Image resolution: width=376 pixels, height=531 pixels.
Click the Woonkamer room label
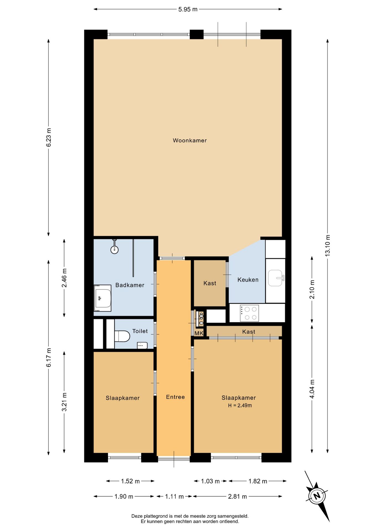pos(190,140)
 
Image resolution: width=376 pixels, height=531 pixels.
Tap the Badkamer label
pos(130,285)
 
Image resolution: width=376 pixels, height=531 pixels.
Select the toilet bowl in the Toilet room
pos(122,336)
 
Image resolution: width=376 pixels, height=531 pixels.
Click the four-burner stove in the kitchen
pos(249,313)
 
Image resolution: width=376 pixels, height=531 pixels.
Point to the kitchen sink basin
pos(275,278)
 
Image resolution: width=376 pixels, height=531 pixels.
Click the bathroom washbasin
pos(103,298)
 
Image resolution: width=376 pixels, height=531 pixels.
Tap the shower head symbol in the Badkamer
pos(114,249)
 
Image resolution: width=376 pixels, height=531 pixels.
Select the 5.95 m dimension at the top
pos(188,9)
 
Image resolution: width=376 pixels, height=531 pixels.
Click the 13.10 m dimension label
pos(328,246)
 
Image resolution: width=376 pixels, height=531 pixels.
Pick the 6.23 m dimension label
pos(49,137)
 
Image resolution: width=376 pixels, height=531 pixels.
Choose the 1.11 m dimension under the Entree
pos(174,496)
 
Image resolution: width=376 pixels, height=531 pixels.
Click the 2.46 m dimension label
pos(64,278)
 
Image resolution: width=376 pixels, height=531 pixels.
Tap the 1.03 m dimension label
pos(210,481)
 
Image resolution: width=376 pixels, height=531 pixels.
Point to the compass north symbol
pos(317,496)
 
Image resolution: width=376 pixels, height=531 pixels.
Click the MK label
pos(199,333)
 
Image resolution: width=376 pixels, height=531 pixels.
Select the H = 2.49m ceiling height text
pos(240,405)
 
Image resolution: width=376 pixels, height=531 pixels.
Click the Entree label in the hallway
pos(175,397)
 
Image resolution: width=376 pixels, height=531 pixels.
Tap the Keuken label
pos(248,280)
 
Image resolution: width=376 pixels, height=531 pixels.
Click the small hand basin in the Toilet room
pos(142,345)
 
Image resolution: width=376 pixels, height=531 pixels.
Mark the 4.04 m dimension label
pos(312,389)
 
